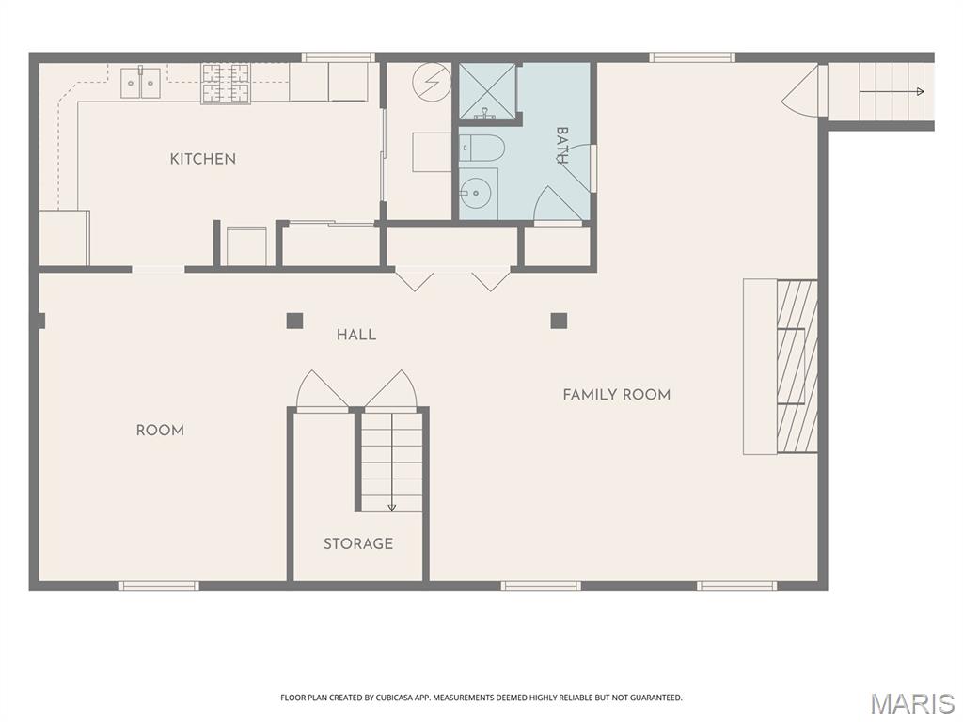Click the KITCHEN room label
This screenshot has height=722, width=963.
(x=203, y=159)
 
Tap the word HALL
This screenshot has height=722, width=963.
(x=356, y=335)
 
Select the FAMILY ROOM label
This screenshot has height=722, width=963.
(x=617, y=394)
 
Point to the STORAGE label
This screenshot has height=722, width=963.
(x=358, y=543)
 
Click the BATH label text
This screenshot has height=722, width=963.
(x=561, y=145)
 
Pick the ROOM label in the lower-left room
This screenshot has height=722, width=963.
(x=160, y=430)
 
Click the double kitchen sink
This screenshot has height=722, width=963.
(x=140, y=83)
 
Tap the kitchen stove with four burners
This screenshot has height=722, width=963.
(x=226, y=84)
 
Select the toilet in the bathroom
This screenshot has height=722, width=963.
(x=481, y=148)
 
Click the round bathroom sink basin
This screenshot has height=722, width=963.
(x=475, y=193)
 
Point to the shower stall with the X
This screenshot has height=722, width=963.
(x=488, y=90)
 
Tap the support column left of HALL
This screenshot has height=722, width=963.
(x=294, y=321)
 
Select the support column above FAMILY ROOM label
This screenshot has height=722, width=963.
(x=559, y=321)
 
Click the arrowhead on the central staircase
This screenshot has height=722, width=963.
(x=392, y=508)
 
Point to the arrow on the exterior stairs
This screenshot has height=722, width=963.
(x=892, y=91)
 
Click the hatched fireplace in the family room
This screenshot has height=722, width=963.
(x=797, y=367)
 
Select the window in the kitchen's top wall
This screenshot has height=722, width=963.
(x=338, y=57)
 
